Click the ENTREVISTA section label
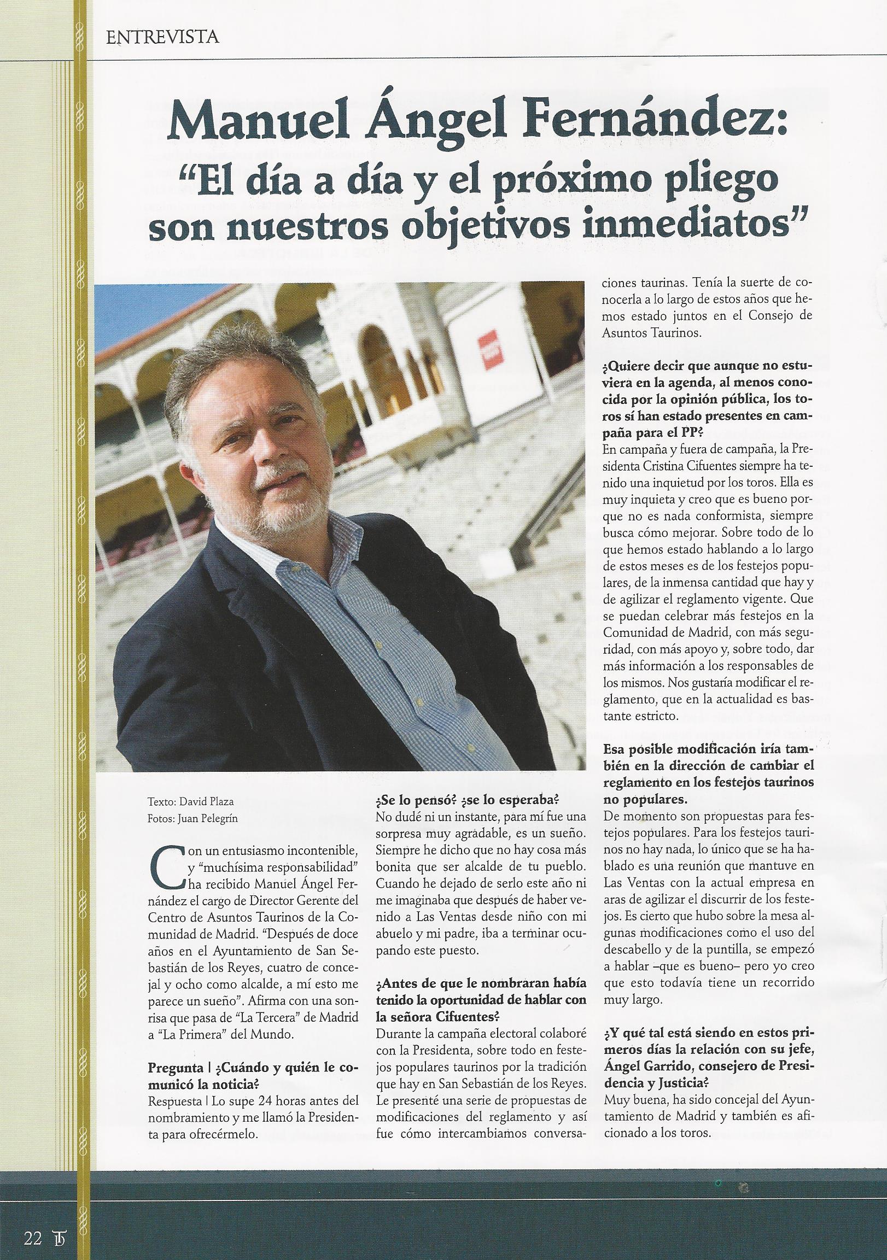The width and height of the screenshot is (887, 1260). [161, 37]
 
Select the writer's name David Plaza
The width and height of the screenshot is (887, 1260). [204, 802]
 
